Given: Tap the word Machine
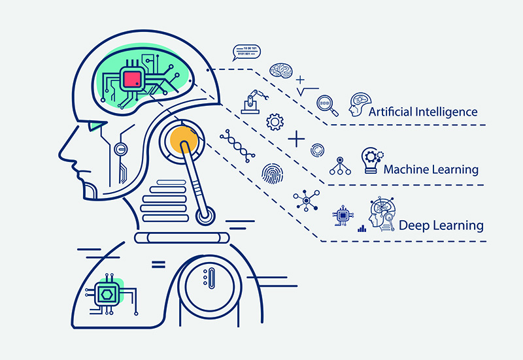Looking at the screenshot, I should [x=410, y=170].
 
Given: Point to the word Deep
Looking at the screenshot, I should [x=414, y=226].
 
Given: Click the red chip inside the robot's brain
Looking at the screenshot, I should [x=133, y=80].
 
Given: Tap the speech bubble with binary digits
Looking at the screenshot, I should [x=246, y=52].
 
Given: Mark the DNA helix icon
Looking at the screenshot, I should [x=237, y=145].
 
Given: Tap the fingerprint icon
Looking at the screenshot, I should [x=272, y=173].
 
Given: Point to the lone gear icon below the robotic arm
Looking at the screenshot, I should [x=275, y=122].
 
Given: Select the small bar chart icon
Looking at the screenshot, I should [x=362, y=229].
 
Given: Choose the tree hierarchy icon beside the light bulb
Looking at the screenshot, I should [x=340, y=167].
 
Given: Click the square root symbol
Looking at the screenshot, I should [x=307, y=90].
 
